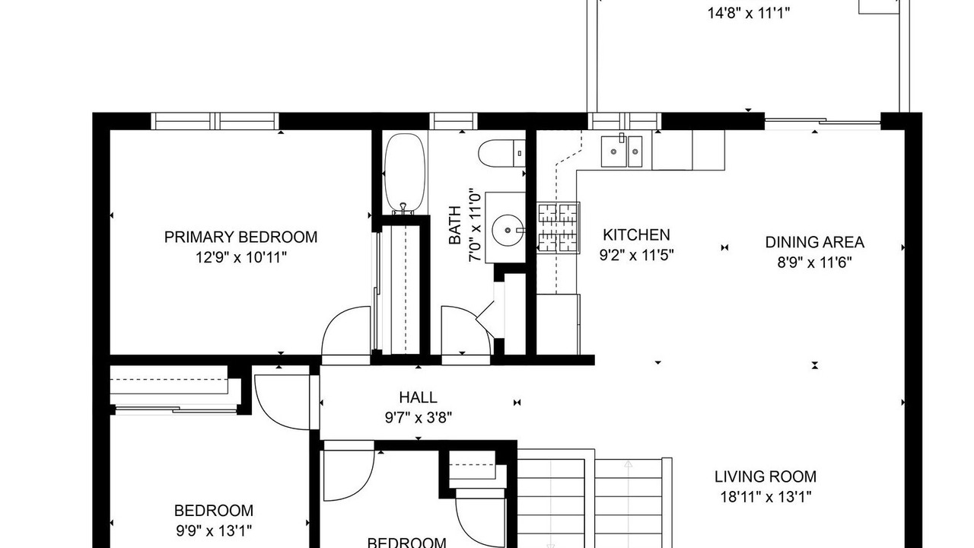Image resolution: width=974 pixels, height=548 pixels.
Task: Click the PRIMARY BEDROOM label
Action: click(x=240, y=237)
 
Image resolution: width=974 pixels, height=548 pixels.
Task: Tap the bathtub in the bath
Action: click(x=404, y=173)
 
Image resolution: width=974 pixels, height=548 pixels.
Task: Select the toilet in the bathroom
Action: click(x=501, y=153)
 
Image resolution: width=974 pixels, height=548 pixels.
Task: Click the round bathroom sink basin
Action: click(x=507, y=230)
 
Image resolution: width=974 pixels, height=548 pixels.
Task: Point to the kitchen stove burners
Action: click(x=558, y=228)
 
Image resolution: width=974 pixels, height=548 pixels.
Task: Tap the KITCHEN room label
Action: click(x=636, y=235)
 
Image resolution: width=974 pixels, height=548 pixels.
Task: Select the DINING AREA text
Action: click(x=814, y=242)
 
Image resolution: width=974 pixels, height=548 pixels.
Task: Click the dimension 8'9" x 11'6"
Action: click(x=814, y=263)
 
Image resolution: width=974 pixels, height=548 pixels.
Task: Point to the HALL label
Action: click(x=418, y=397)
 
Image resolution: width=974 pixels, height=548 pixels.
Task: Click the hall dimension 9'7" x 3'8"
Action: click(x=419, y=418)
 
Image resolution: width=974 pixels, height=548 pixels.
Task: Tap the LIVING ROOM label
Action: click(x=766, y=476)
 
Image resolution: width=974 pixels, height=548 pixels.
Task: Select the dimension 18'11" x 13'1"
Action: click(x=766, y=497)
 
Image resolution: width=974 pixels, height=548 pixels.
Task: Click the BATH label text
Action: click(x=455, y=225)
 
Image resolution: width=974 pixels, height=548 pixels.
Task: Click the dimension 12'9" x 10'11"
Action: click(x=241, y=258)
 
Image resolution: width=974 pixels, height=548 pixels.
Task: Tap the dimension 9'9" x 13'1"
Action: click(x=214, y=531)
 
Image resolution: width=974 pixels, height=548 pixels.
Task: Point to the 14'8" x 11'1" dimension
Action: click(x=748, y=14)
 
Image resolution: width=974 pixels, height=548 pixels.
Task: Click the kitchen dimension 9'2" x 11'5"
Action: click(x=637, y=255)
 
